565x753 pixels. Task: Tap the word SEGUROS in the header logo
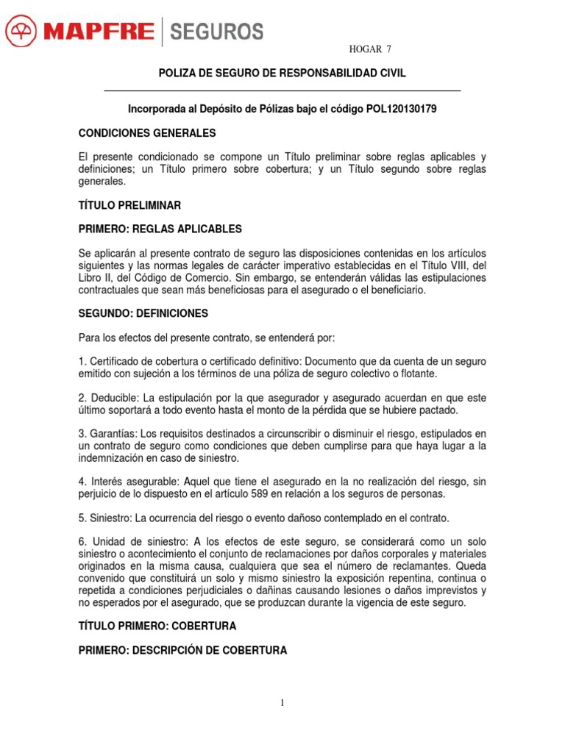(216, 32)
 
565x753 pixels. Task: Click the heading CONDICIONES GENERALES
(147, 133)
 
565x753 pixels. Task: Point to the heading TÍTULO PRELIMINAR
(129, 204)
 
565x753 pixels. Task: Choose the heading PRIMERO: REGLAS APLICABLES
(160, 229)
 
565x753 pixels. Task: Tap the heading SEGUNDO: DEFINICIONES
(143, 313)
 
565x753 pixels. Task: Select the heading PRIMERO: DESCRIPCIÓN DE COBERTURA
(182, 651)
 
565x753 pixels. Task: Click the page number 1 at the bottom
(282, 703)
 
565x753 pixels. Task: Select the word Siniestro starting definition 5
(110, 518)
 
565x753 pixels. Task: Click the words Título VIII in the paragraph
(441, 265)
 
